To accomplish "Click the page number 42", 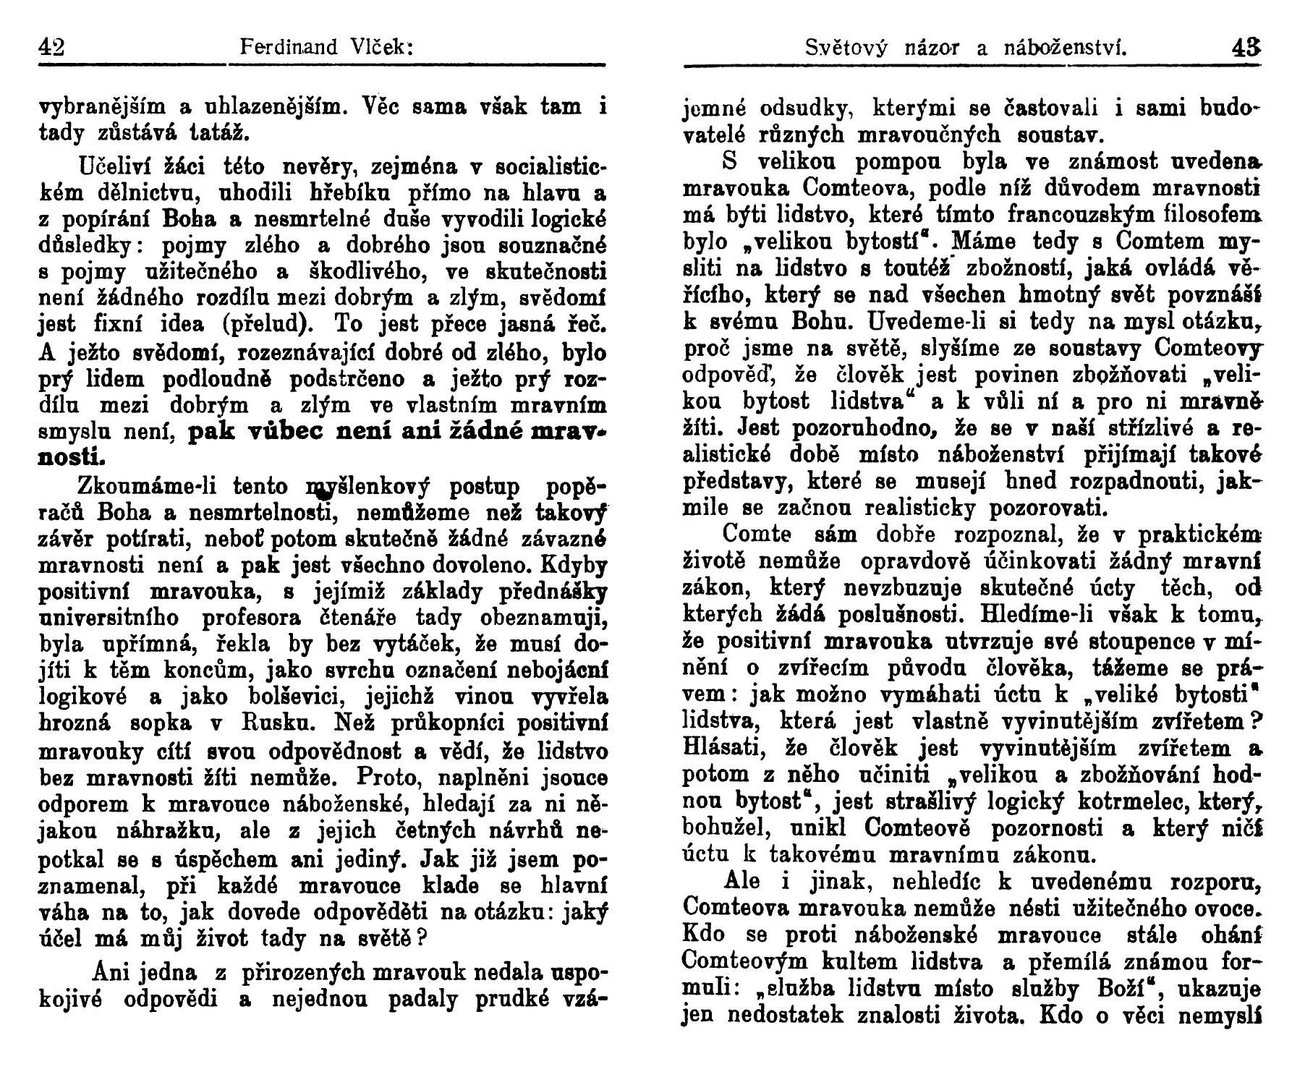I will point(51,48).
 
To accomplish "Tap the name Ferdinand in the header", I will point(289,48).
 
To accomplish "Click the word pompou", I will point(843,161).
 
